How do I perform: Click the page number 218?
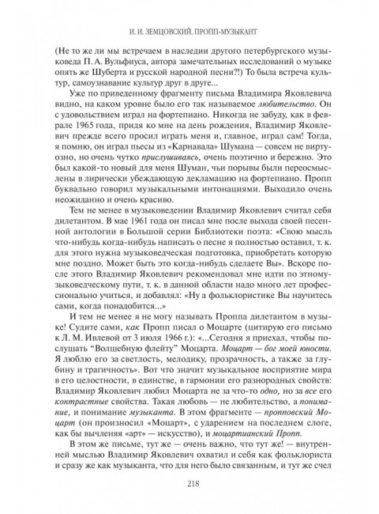pyautogui.click(x=189, y=486)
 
